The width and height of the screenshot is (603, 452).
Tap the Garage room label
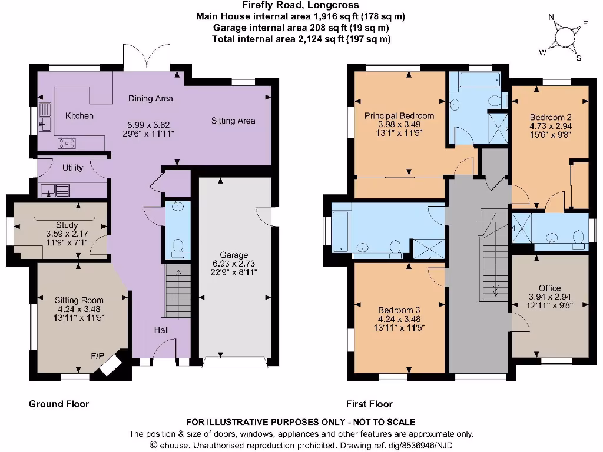(234, 255)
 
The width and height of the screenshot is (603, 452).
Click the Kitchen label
(79, 116)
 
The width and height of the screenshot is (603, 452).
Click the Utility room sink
(55, 190)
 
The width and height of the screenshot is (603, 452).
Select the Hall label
(161, 330)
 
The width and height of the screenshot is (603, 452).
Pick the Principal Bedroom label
(399, 116)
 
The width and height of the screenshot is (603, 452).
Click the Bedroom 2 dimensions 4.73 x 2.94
(550, 125)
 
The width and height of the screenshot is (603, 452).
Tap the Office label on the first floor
(549, 288)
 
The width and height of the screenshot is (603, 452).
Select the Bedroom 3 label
(399, 310)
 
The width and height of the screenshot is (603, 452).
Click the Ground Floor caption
(59, 404)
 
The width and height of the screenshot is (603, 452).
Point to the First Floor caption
(369, 404)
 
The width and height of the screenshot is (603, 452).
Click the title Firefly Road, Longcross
(300, 6)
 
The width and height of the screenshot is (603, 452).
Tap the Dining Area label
(151, 98)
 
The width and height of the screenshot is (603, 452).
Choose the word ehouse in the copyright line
(174, 445)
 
